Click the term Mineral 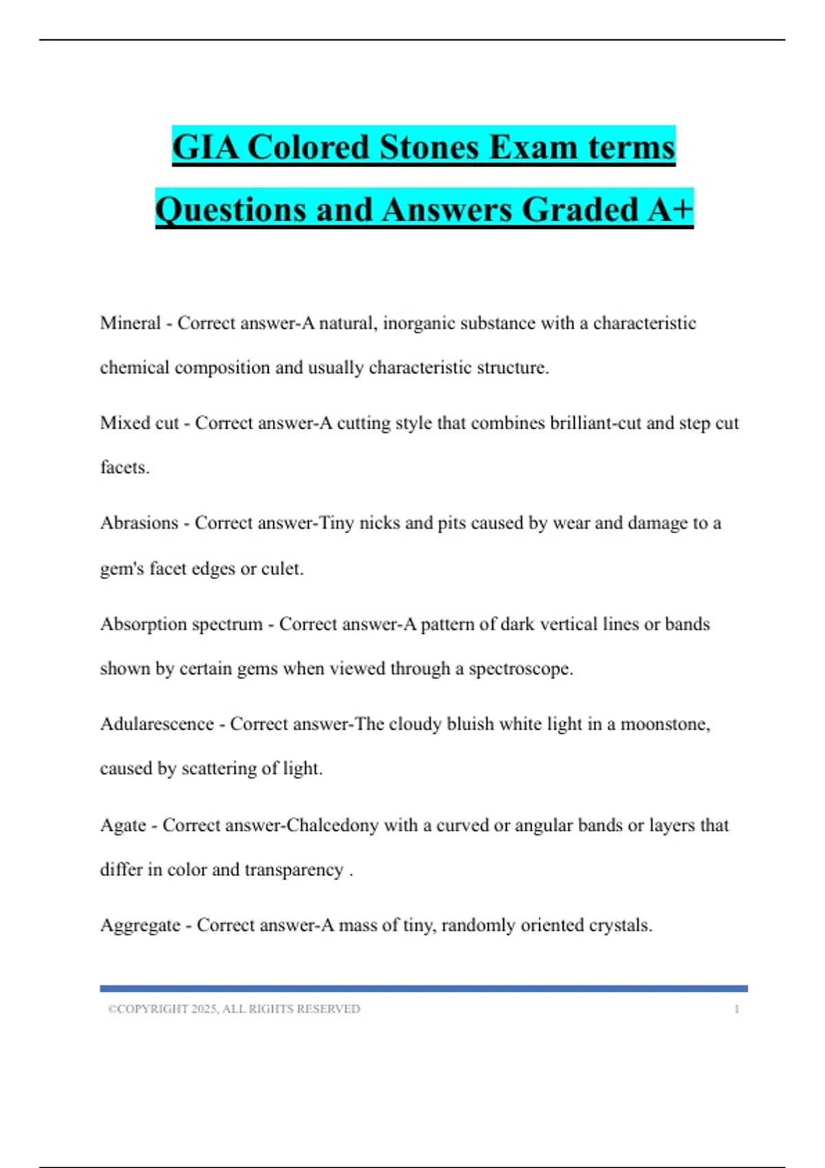(x=130, y=323)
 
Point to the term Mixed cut (x=139, y=423)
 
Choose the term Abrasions (x=139, y=523)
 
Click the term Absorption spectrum (x=181, y=624)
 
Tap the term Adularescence (x=157, y=723)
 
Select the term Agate (x=123, y=824)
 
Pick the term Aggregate (x=140, y=925)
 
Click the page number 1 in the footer (x=736, y=1009)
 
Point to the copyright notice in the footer (x=234, y=1009)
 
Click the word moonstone (x=664, y=723)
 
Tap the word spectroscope (x=520, y=669)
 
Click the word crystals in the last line (x=620, y=925)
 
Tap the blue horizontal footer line (x=423, y=988)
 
